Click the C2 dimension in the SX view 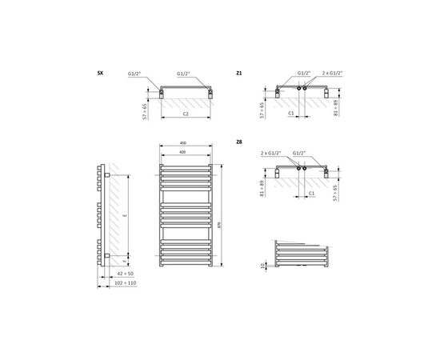coord(185,114)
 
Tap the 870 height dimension coord(231,215)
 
